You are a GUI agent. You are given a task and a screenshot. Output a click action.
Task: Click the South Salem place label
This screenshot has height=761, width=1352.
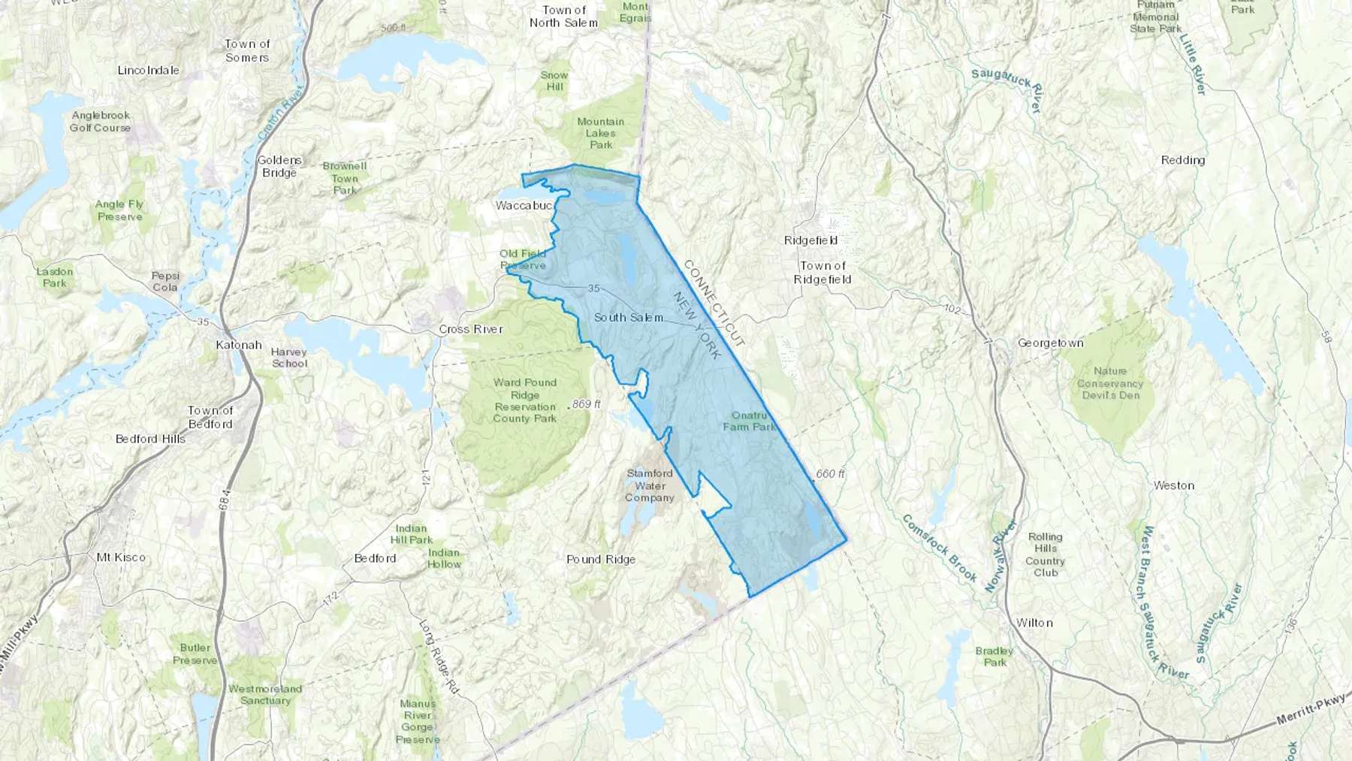[629, 318]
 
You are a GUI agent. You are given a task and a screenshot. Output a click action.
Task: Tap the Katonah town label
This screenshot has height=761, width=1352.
[238, 345]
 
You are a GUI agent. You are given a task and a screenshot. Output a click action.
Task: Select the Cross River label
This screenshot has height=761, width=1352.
[471, 329]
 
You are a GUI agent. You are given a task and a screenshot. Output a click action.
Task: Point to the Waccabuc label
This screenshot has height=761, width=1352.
[524, 205]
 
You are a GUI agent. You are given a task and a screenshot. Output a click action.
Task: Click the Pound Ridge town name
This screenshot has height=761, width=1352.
[601, 559]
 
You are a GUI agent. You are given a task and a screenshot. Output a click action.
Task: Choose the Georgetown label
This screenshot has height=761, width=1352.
[1050, 343]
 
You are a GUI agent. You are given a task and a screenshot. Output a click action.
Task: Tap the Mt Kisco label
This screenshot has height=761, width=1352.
[121, 557]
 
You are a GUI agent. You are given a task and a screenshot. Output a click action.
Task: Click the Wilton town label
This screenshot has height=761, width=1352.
[1034, 623]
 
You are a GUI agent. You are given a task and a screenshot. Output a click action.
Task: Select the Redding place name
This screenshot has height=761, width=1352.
[1182, 160]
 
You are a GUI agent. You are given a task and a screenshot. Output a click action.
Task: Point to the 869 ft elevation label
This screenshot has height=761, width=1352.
[586, 404]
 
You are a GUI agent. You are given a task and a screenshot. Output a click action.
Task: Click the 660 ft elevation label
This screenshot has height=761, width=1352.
[830, 474]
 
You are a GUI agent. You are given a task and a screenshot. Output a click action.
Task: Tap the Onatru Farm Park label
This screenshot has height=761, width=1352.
[750, 421]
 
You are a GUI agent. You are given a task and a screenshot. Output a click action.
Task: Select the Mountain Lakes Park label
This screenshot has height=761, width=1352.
[600, 133]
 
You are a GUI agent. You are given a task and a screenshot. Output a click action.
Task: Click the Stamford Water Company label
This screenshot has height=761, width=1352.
[650, 485]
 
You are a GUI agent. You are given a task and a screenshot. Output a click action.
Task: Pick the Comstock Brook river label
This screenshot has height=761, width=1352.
[939, 548]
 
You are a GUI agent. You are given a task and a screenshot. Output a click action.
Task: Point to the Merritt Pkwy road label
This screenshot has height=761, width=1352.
[1311, 710]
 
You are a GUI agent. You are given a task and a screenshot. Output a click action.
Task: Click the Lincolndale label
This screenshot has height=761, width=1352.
[148, 70]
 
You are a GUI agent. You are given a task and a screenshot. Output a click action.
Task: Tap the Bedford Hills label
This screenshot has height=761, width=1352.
[150, 439]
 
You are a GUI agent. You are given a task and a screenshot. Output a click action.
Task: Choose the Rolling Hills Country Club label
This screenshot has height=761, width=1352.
[1045, 554]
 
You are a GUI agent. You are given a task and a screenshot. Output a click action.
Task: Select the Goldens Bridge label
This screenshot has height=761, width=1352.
[279, 166]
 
